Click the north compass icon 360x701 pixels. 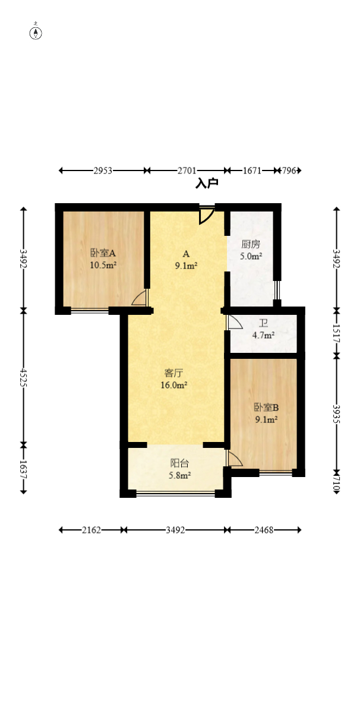(36, 33)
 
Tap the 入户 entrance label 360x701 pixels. (207, 184)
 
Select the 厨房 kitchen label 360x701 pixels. (251, 245)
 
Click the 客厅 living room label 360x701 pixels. (175, 372)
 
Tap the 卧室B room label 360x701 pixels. (267, 408)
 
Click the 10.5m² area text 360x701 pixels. (103, 265)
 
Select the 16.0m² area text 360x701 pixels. (174, 384)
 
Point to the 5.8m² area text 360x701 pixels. (180, 476)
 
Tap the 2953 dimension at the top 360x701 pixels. (103, 170)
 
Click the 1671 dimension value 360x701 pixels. (252, 170)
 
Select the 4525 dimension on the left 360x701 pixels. (23, 377)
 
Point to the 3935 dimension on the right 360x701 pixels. (337, 415)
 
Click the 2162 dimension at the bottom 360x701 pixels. (91, 531)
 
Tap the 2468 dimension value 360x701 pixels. (264, 531)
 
